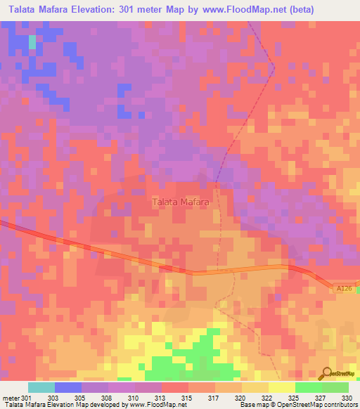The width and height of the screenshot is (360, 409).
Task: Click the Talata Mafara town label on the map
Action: (181, 202)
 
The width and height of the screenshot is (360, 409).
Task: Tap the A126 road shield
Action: (343, 288)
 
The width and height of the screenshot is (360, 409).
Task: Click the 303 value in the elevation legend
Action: (53, 398)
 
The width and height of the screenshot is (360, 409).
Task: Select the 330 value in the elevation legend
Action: (345, 398)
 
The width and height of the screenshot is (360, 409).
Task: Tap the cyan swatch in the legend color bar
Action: (41, 387)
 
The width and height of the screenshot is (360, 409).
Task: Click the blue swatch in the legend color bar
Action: (67, 387)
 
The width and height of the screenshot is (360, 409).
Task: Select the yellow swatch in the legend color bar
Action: (281, 387)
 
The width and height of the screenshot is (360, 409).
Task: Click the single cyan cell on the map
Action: (32, 41)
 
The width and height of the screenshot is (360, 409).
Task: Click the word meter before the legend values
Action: (11, 398)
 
